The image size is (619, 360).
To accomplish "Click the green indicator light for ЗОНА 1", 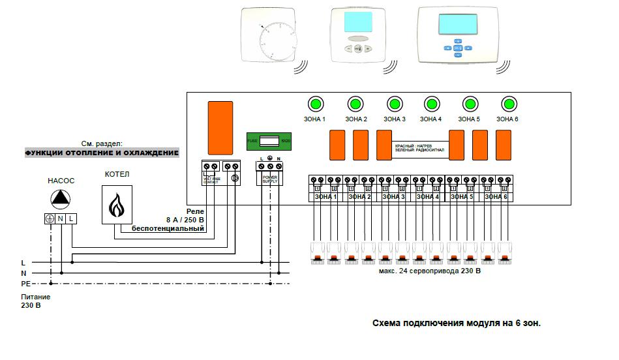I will point(316,104).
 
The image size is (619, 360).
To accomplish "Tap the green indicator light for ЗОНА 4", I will point(431,104).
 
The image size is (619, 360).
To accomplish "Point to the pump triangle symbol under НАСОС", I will point(59,198).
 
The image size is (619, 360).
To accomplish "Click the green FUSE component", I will point(268,140).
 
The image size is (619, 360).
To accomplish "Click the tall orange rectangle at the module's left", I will point(220,127).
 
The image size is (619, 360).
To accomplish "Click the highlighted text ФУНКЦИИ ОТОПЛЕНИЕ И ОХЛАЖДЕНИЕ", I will point(102,153).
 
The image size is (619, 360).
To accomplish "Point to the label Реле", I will point(196,212).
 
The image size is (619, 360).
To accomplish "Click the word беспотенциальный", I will point(168,229).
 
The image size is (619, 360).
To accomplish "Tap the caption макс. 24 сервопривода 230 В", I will point(429,270).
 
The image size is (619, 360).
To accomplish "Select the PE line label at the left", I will point(25,284).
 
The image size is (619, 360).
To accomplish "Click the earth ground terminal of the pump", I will point(49,218).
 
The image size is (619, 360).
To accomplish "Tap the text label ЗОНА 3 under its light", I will point(395,119).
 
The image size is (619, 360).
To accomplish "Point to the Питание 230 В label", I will point(35,301).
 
